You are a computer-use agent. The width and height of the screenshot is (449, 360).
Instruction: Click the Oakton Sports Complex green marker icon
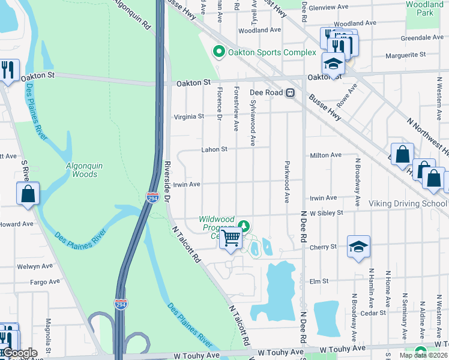(219, 52)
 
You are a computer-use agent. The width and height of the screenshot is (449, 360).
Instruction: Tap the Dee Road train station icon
(290, 93)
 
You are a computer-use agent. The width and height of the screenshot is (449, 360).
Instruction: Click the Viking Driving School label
(408, 203)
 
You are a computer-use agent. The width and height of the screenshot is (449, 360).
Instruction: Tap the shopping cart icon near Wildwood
(231, 239)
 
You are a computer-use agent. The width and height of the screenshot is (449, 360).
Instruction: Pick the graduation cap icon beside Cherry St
(358, 247)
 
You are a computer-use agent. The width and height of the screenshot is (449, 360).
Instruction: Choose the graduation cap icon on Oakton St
(333, 63)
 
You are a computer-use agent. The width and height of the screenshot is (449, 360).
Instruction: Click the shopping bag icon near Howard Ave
(28, 194)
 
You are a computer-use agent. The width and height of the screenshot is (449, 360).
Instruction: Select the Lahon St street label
(214, 149)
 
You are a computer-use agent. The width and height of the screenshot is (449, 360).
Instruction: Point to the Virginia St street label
(189, 117)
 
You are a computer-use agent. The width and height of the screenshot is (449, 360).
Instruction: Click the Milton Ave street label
(325, 155)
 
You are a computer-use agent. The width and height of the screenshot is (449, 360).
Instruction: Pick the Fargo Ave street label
(46, 281)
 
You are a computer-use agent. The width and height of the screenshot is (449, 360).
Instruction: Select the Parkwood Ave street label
(287, 182)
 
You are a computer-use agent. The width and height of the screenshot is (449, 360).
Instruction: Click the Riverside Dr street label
(169, 183)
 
